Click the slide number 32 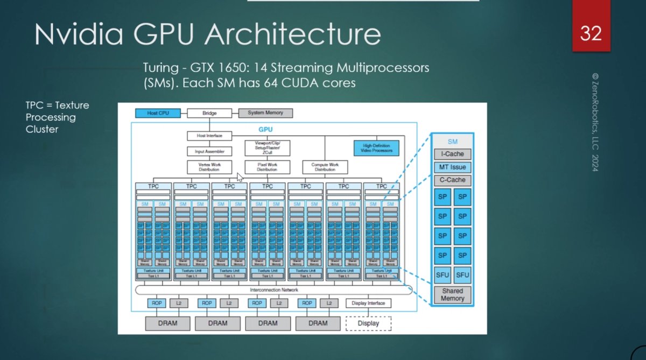[x=591, y=34]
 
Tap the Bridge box [x=209, y=113]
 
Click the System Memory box [x=265, y=113]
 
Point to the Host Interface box [x=209, y=136]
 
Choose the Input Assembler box [x=209, y=151]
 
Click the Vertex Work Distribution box [x=209, y=167]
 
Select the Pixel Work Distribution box [x=267, y=167]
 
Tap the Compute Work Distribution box [x=325, y=167]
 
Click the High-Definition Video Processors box [x=376, y=148]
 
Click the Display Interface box [x=368, y=303]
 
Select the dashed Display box [x=368, y=323]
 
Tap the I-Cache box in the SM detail [x=452, y=154]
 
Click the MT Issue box [x=452, y=167]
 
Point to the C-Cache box [x=452, y=180]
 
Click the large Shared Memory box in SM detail [x=452, y=294]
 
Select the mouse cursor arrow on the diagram [x=240, y=177]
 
